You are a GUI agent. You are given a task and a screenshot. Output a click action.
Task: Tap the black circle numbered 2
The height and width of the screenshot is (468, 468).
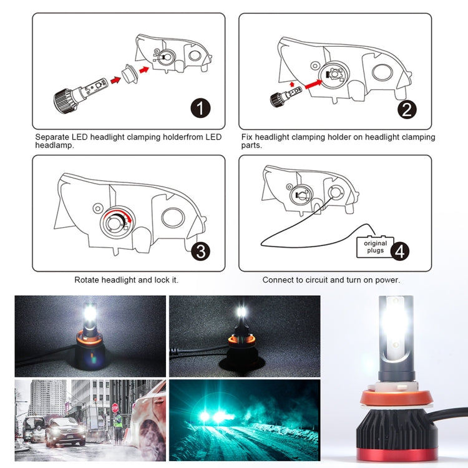tap(406, 110)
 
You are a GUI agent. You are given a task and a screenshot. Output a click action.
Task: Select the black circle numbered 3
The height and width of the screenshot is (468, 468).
tap(200, 251)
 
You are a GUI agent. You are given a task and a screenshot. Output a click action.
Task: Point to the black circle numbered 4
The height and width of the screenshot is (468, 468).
tap(400, 251)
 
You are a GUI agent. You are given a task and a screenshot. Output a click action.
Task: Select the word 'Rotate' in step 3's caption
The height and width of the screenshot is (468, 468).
tap(87, 280)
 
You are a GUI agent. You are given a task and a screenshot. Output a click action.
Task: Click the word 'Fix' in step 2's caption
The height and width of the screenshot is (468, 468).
tap(247, 137)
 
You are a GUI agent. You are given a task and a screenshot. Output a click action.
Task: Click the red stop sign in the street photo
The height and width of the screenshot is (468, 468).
tap(115, 408)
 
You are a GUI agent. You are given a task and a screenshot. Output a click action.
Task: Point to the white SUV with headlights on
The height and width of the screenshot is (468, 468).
tap(65, 431)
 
